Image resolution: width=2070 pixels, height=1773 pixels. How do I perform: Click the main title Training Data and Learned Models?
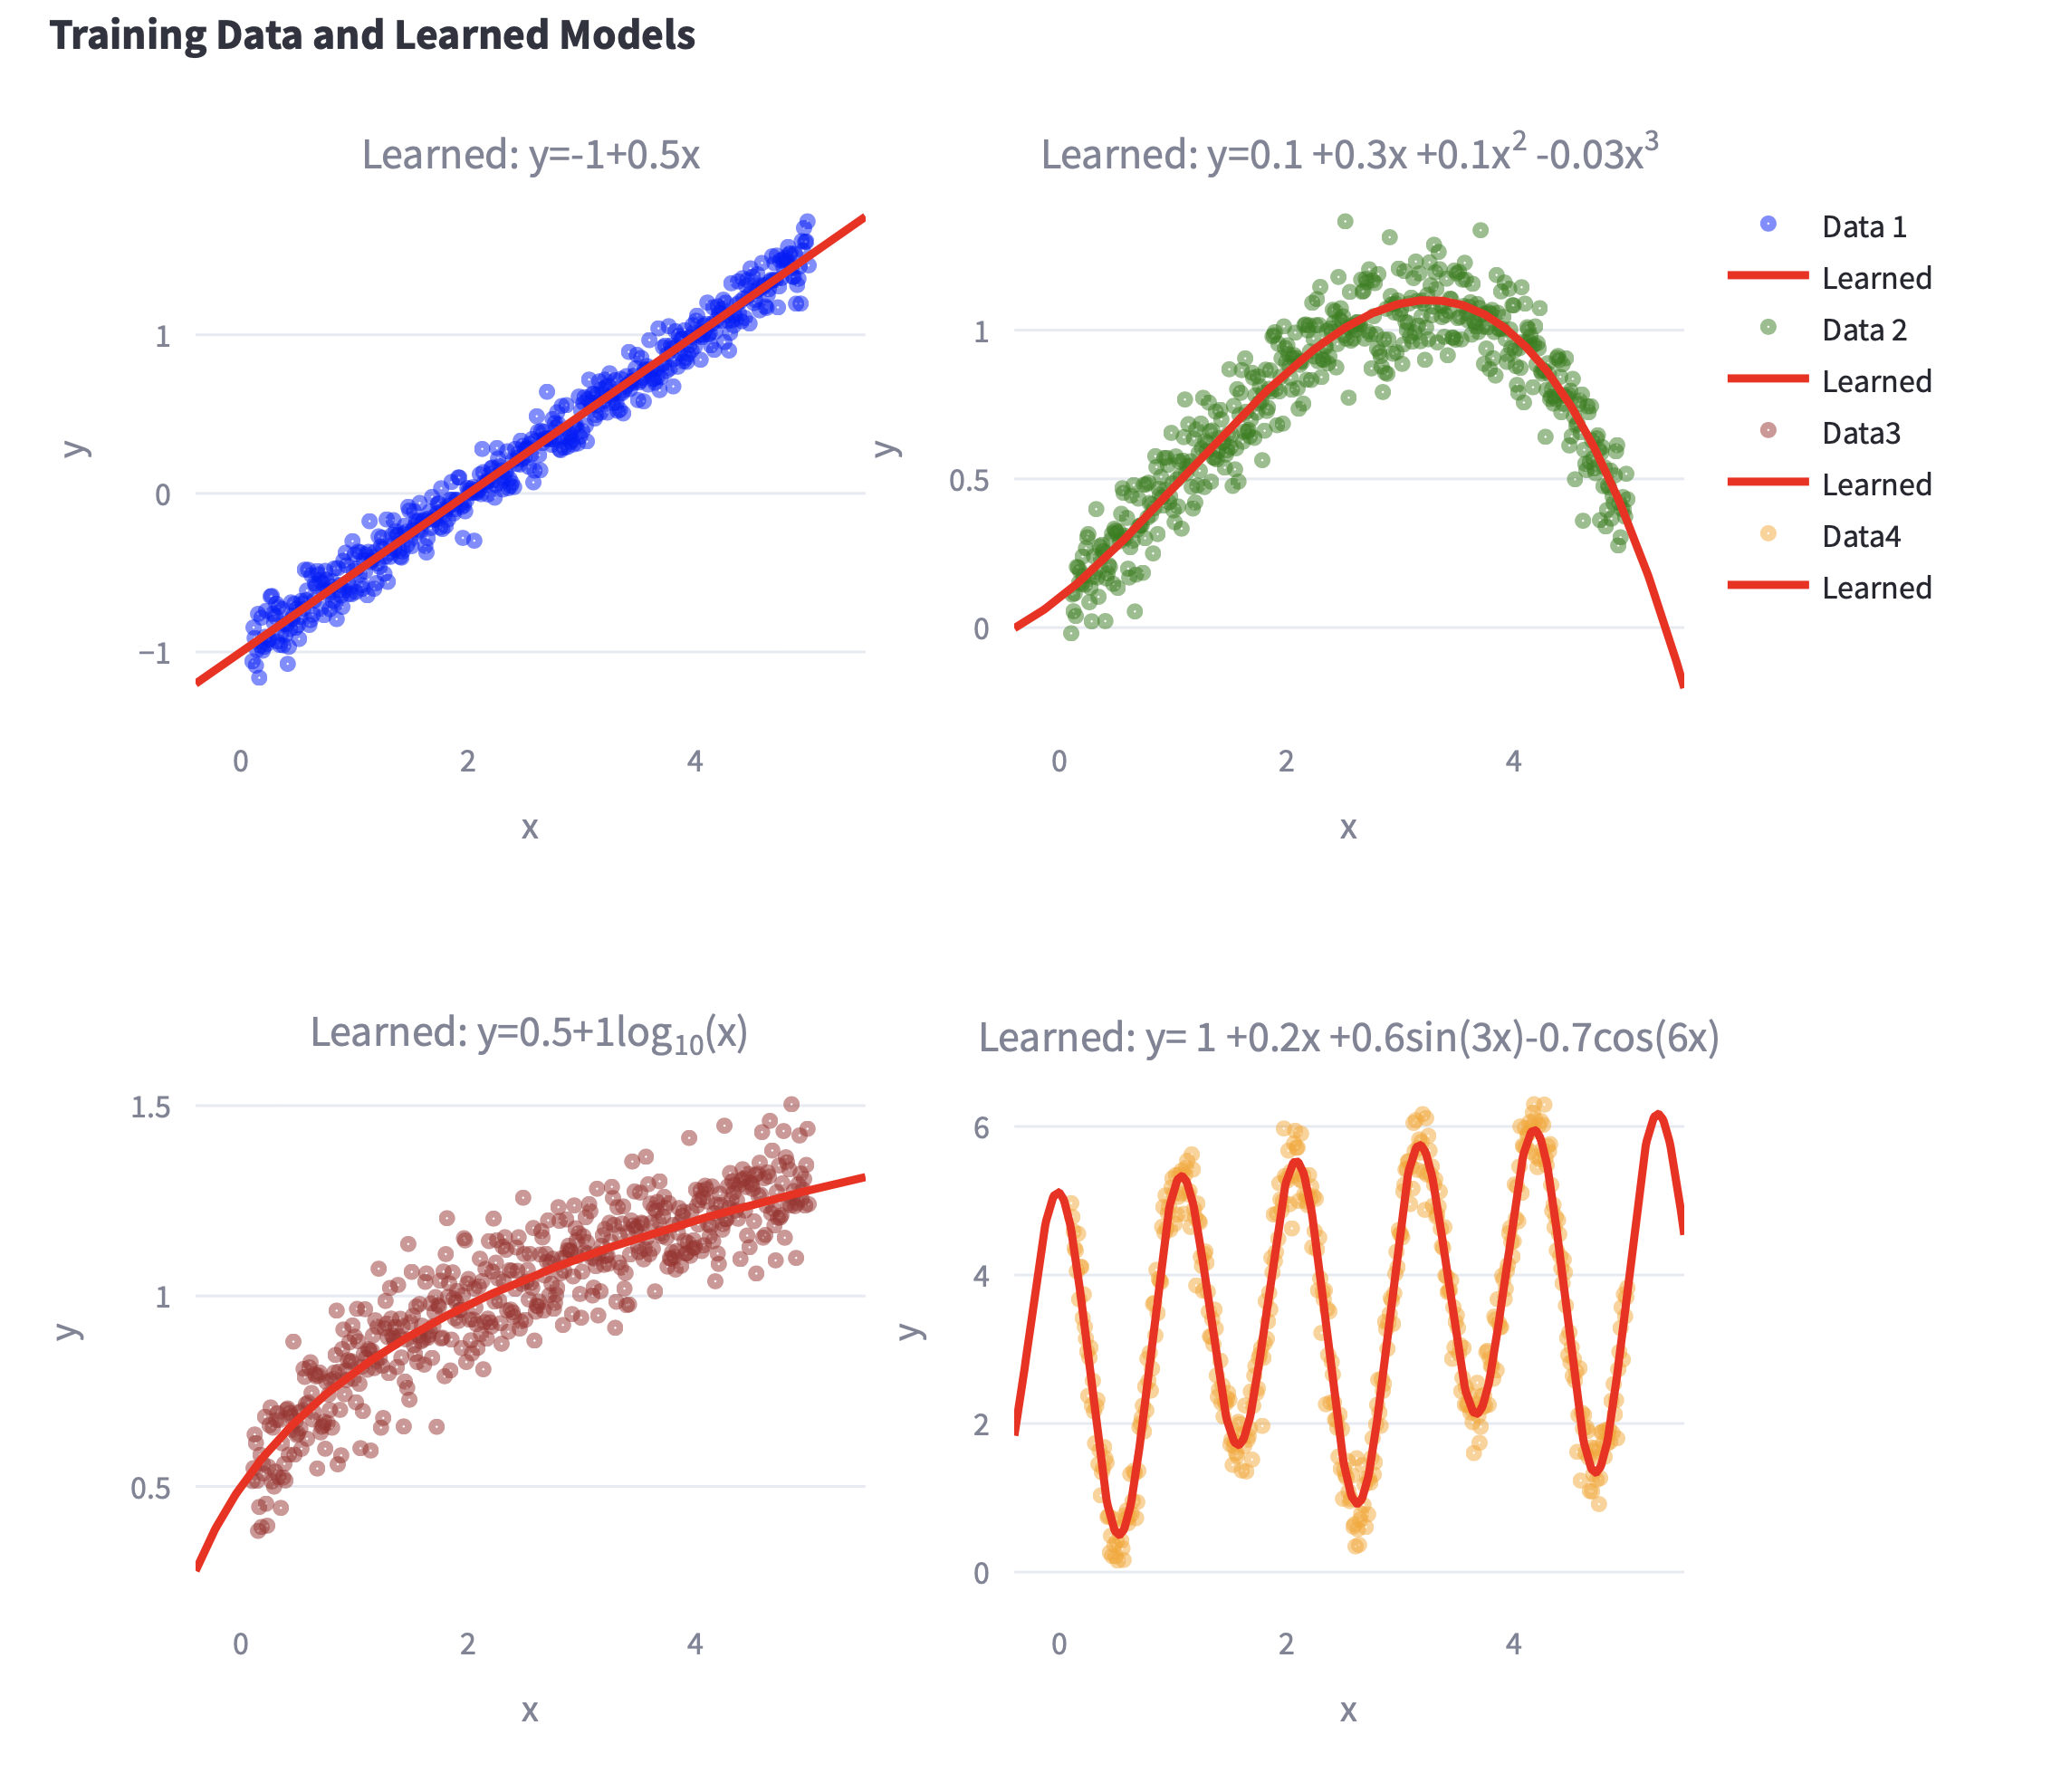point(371,36)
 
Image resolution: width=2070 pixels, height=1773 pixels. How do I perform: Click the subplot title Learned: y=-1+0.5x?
point(531,156)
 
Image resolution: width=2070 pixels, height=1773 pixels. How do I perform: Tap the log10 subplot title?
point(529,1034)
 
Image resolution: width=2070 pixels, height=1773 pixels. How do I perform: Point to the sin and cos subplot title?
point(1348,1038)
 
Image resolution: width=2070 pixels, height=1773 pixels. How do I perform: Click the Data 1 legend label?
point(1864,226)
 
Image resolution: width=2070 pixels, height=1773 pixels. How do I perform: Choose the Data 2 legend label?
point(1864,330)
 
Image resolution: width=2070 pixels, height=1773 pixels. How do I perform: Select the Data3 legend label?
point(1860,434)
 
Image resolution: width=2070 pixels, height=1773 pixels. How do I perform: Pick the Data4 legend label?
point(1860,536)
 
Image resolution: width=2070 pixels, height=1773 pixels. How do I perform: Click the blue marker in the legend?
point(1768,225)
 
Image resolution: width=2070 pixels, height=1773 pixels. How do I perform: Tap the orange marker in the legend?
point(1768,534)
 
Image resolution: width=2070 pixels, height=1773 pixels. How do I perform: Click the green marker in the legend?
point(1768,328)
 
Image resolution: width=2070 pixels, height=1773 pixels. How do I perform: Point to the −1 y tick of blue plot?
point(153,653)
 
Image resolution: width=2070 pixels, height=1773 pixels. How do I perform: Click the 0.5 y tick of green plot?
point(969,481)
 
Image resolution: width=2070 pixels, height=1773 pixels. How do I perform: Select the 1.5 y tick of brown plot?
point(151,1107)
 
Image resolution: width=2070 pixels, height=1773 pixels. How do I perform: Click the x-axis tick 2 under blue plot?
point(467,762)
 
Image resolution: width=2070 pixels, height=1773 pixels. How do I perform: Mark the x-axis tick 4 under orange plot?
point(1513,1644)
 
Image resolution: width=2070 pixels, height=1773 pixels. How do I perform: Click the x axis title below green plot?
point(1347,827)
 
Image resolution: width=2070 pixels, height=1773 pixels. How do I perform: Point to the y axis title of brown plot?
point(68,1330)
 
